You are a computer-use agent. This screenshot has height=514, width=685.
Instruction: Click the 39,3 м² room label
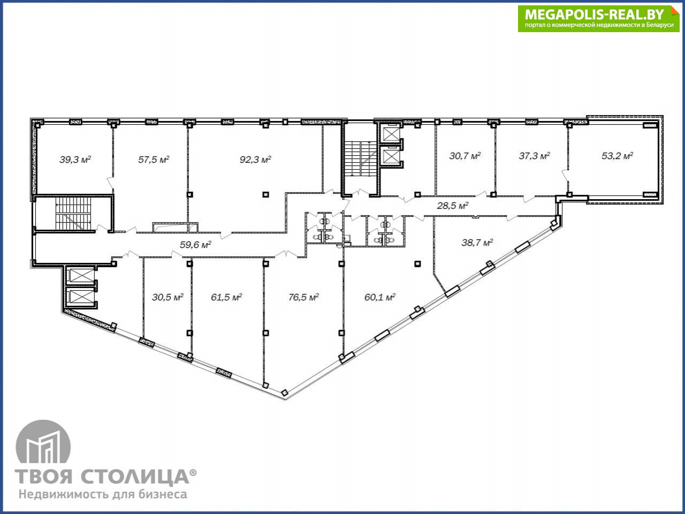point(75,160)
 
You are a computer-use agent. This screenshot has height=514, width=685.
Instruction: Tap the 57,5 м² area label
point(154,160)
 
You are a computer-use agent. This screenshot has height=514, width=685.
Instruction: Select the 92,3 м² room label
point(255,160)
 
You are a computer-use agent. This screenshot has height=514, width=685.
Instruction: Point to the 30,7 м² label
point(465,155)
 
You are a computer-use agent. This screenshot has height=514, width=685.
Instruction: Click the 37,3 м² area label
point(534,155)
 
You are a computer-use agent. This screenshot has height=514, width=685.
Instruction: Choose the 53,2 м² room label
point(617,155)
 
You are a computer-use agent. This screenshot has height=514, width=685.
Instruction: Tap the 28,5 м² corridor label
point(453,206)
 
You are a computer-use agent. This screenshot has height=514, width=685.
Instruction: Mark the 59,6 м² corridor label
point(195,244)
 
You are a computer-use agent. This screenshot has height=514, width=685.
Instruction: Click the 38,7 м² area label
point(477,242)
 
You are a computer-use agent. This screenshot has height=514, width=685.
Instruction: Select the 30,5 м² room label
point(168,297)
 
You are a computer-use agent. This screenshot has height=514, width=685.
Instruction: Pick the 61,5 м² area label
point(226,297)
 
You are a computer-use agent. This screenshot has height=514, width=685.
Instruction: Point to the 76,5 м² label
point(303,297)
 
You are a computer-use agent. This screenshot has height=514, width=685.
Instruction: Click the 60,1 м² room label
point(380,297)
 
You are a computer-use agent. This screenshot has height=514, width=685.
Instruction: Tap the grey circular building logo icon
point(43,441)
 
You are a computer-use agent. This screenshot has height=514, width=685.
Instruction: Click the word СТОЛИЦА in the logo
point(135,477)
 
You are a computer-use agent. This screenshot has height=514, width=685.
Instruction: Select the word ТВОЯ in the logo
point(44,476)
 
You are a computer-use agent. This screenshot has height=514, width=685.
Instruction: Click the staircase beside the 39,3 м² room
point(73,214)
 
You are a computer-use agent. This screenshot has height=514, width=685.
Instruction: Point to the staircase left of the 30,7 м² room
point(361,158)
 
